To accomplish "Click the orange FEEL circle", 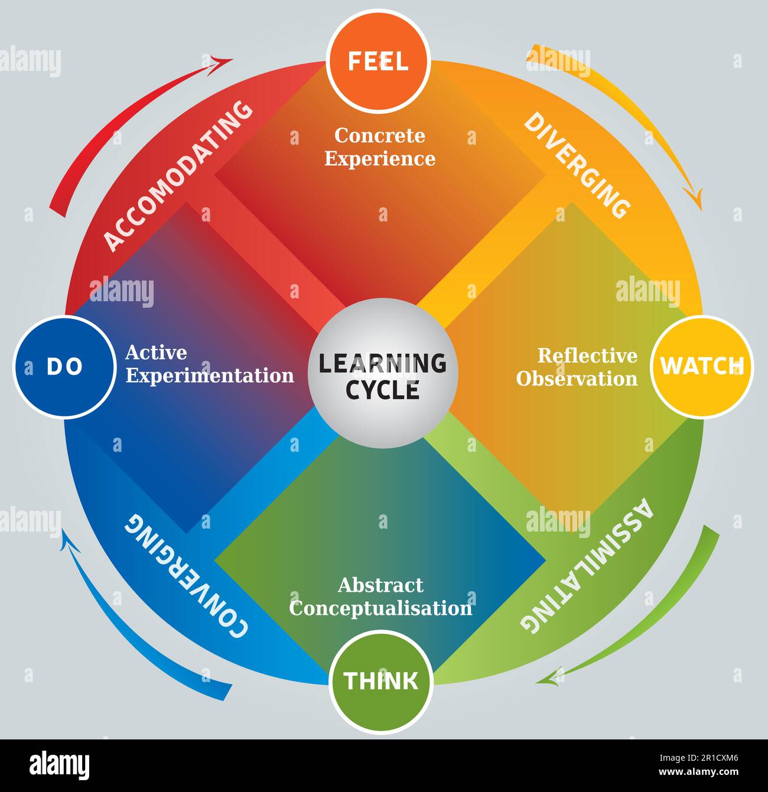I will point(378,61).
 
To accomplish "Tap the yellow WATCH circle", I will point(701,366).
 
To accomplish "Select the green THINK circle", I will point(381,681).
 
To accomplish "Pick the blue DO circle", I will point(64,367).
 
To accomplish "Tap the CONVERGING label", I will point(186,576).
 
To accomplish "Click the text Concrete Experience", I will point(380,147).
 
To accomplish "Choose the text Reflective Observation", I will point(577,367).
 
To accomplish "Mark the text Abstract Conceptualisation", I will point(380,597).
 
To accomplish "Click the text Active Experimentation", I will point(209,364).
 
